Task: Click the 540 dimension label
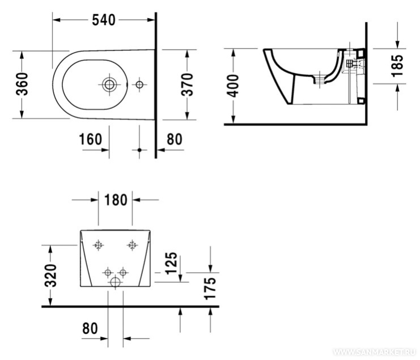point(104,20)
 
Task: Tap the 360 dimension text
point(22,84)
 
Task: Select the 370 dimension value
point(187,84)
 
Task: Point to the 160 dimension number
point(91,139)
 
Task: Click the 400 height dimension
point(232,86)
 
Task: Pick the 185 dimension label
point(397,66)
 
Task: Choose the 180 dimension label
point(116,200)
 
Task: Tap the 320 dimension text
point(50,276)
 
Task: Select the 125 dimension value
point(171,263)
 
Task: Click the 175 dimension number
point(210,288)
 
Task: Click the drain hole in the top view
point(109,84)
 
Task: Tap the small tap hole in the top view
point(139,84)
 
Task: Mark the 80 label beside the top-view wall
point(175,139)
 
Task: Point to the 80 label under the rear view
point(90,328)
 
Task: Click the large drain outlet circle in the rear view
point(116,282)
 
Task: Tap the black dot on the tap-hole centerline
point(139,150)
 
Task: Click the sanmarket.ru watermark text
point(375,352)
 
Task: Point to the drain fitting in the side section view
point(320,79)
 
